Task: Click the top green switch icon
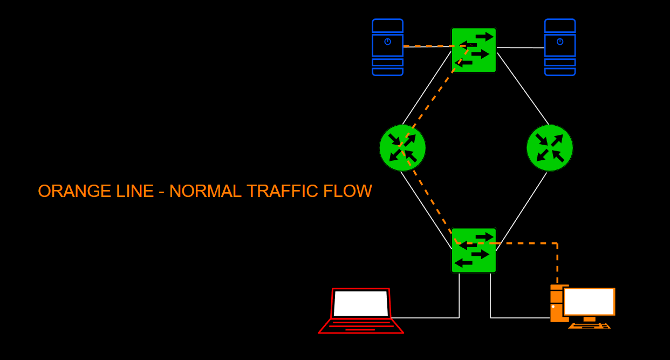pos(474,50)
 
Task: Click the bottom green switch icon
pos(474,250)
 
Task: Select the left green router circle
pos(402,148)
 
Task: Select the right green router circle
pos(550,148)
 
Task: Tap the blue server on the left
pos(387,47)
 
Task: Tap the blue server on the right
pos(560,47)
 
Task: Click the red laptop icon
pos(361,311)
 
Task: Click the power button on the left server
pos(387,42)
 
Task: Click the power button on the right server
pos(560,42)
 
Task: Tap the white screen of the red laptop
pos(361,303)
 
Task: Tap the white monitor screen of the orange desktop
pos(589,301)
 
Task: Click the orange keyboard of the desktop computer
pos(589,325)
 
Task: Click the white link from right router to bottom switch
pos(521,212)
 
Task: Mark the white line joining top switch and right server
pos(521,47)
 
